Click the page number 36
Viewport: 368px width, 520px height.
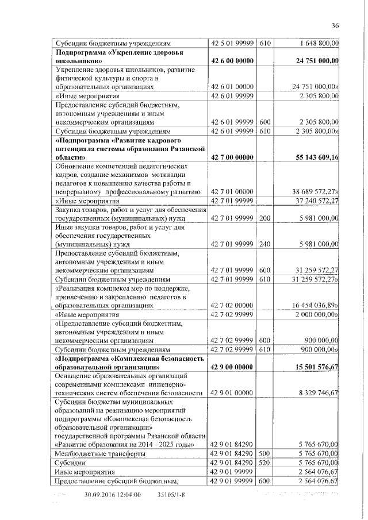336,25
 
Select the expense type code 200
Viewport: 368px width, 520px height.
264,218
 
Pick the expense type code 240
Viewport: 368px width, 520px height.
264,244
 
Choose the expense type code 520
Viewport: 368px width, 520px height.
264,462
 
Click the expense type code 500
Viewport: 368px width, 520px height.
264,453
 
